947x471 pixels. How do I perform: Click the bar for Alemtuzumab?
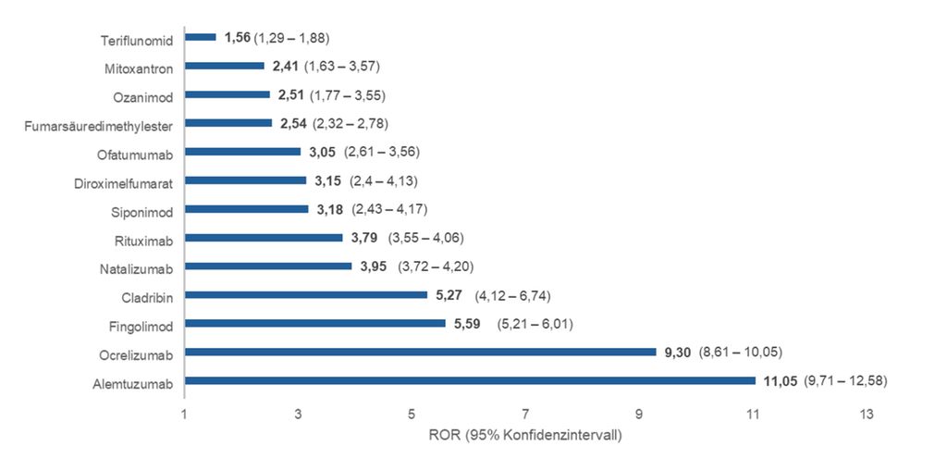[470, 380]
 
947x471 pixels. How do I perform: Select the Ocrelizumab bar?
[420, 352]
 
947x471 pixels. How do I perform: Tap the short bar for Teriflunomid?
[201, 37]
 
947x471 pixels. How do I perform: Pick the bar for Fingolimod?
[315, 323]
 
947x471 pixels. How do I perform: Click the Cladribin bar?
[306, 294]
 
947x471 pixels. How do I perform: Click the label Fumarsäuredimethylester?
[99, 124]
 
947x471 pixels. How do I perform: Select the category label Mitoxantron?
[139, 68]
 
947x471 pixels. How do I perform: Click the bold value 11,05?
[780, 380]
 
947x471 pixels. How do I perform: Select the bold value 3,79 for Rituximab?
[364, 238]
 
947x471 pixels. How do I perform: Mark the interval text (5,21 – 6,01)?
[536, 324]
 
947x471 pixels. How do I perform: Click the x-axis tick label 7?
[525, 414]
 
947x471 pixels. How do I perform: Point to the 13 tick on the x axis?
[866, 414]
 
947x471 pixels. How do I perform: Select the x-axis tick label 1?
[185, 414]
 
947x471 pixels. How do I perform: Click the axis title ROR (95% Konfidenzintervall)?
[524, 435]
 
